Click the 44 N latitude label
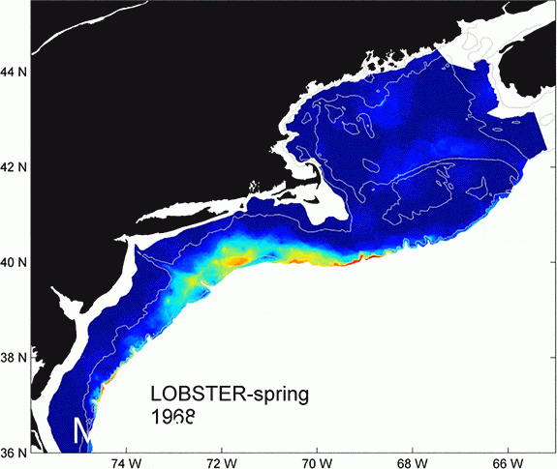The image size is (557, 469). click(13, 72)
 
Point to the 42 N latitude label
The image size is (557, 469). click(13, 166)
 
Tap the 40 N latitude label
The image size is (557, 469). click(13, 262)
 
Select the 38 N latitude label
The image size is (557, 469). click(13, 357)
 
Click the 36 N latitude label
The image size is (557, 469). click(13, 452)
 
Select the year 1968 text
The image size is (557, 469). click(173, 417)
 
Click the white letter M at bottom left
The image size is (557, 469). click(83, 429)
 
